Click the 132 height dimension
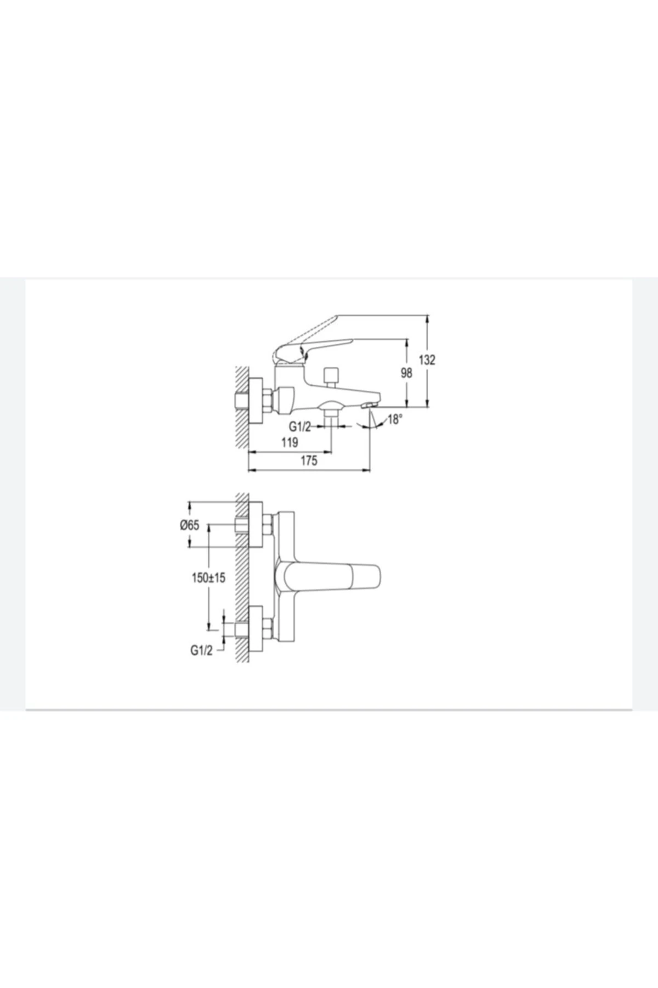427,360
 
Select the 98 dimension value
406,373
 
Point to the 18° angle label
395,420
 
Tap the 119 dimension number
290,442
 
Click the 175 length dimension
309,461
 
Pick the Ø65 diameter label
190,525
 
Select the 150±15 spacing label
208,578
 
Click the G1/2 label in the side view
300,426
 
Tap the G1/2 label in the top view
201,650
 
